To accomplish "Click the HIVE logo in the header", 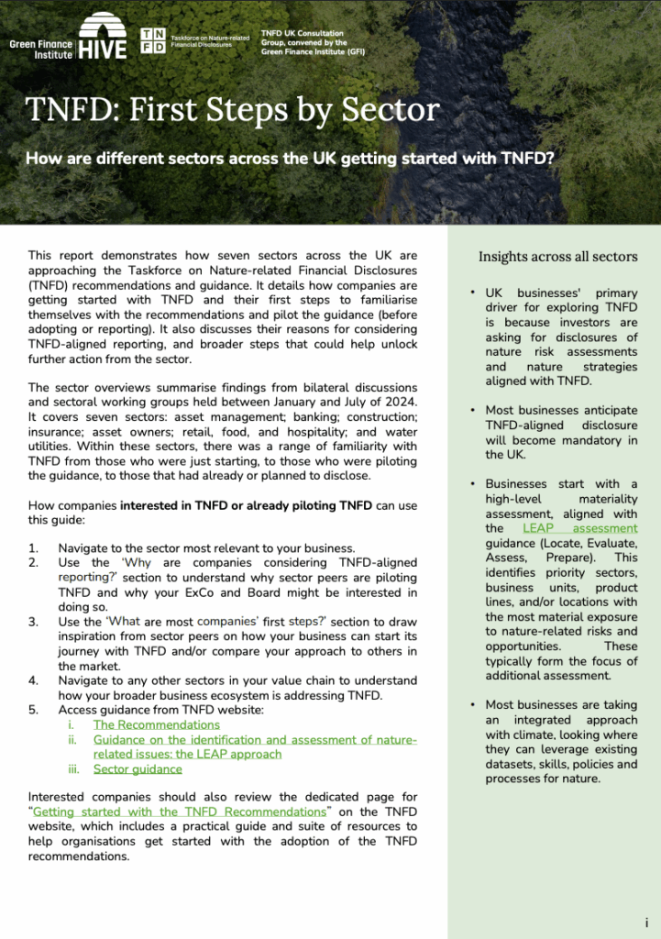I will (102, 39).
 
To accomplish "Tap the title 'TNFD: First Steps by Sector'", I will (233, 110).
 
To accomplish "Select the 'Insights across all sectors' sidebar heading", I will (557, 256).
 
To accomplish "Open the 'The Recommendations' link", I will (156, 724).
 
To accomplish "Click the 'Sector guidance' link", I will (138, 768).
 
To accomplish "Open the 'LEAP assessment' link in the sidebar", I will (579, 528).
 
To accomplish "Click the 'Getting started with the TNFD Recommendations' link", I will (180, 812).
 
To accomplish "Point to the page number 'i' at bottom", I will (646, 922).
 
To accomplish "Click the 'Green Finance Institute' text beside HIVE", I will (40, 49).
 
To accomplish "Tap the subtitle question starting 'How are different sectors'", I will (290, 157).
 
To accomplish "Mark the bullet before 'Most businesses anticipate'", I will (471, 411).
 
